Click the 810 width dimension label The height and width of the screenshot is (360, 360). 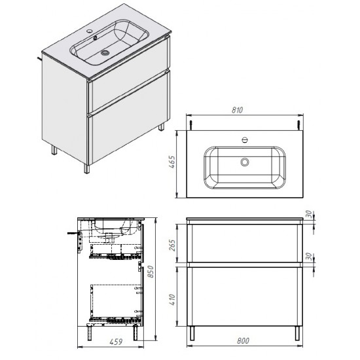coord(237,110)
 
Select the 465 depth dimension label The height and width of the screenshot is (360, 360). coord(172,162)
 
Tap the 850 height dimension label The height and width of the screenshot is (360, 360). coord(151,272)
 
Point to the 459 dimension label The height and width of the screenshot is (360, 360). coord(116,342)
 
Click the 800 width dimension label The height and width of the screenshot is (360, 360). coord(243,341)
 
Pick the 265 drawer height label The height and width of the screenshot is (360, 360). coord(172,245)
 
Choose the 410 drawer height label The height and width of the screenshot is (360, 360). coord(172,300)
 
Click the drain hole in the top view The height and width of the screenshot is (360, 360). coord(245,162)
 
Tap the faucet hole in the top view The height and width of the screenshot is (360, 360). coord(245,139)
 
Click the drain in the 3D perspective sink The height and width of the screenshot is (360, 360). coord(105,53)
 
